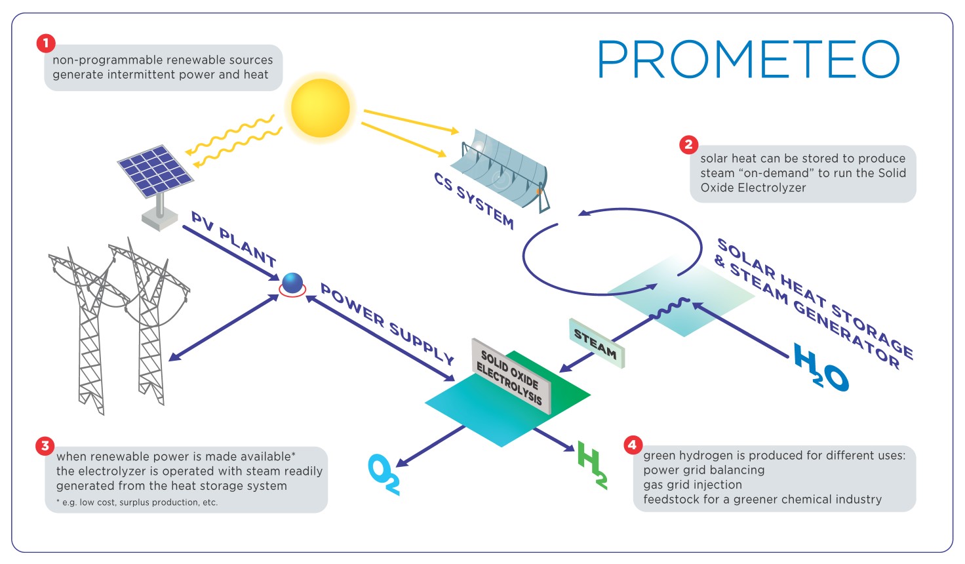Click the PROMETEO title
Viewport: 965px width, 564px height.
tap(748, 60)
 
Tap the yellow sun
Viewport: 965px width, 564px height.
tap(320, 108)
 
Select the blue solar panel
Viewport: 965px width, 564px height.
tap(155, 171)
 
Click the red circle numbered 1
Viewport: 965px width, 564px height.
tap(45, 43)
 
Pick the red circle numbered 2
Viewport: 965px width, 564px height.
tap(688, 144)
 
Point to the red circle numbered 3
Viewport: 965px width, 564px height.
tap(45, 446)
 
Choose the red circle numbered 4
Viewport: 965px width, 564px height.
tap(632, 445)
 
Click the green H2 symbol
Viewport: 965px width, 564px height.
tap(592, 464)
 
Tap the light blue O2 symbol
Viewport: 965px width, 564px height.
tap(384, 473)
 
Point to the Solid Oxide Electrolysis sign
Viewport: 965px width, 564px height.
tap(511, 377)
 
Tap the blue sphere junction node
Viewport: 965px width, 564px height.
tap(292, 283)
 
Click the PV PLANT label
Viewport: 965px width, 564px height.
tap(233, 239)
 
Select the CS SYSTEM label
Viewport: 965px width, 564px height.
tap(474, 200)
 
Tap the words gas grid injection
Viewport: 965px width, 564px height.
tap(692, 485)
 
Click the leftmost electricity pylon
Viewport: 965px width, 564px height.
tap(85, 328)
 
